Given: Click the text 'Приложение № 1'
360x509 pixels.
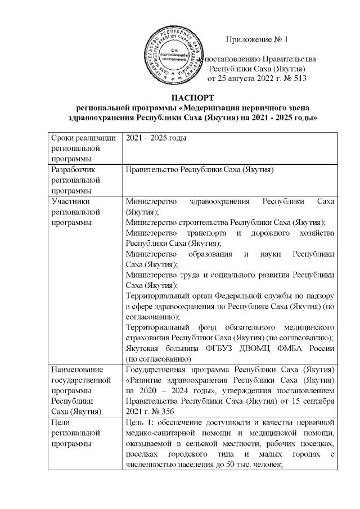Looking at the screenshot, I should (x=256, y=39).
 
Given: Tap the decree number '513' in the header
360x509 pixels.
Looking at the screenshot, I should (x=298, y=79).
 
